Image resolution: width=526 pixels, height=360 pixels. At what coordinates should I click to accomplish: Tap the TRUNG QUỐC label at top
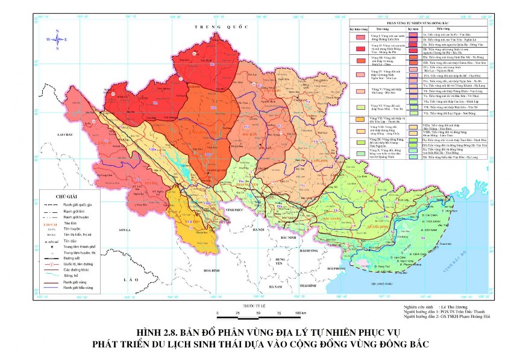pyautogui.click(x=213, y=27)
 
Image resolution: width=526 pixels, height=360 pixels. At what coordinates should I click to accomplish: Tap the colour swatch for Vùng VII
pyautogui.click(x=361, y=119)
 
